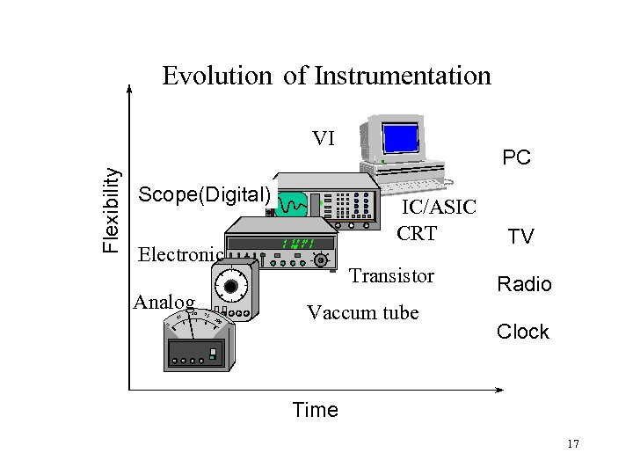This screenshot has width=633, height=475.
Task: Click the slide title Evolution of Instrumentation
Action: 326,76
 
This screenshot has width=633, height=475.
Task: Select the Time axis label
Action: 315,410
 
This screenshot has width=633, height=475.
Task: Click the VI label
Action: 324,138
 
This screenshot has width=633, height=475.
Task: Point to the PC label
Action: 516,158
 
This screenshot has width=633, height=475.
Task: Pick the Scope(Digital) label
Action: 205,194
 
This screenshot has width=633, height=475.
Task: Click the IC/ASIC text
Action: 439,207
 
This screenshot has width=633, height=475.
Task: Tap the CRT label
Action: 417,234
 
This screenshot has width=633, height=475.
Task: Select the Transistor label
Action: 391,275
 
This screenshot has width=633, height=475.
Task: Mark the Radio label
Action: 524,284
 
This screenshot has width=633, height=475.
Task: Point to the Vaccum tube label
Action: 362,312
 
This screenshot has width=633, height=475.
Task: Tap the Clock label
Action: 522,332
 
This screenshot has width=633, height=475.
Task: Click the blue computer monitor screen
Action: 402,139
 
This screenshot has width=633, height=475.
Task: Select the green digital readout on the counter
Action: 296,244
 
